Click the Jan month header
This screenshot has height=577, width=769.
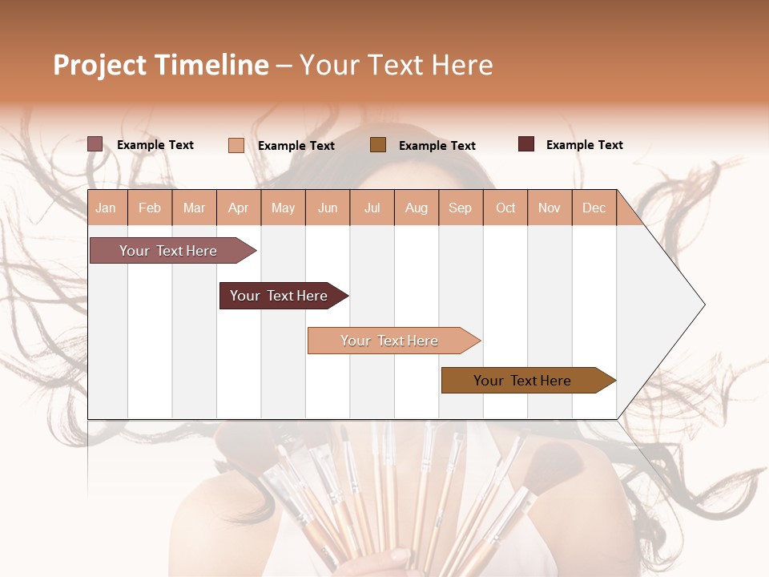[106, 208]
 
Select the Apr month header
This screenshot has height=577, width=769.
[239, 208]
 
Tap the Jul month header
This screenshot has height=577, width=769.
[372, 208]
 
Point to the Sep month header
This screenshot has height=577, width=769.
[460, 208]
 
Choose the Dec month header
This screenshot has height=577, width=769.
[594, 208]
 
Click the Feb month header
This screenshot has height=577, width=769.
[150, 208]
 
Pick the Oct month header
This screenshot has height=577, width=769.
[505, 208]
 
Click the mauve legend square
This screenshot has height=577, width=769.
[95, 144]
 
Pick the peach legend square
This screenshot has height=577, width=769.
[236, 145]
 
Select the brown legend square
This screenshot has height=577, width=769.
[378, 145]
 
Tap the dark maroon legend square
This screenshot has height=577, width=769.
[526, 144]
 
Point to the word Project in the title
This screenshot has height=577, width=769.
[100, 65]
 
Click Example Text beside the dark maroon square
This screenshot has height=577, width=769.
[584, 145]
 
